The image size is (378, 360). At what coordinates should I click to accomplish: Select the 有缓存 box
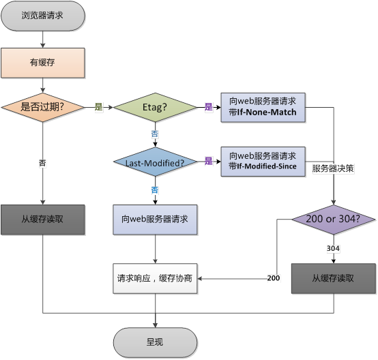click(43, 63)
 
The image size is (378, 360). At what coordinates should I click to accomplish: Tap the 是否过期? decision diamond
click(43, 107)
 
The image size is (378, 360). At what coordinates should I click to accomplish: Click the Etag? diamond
click(155, 108)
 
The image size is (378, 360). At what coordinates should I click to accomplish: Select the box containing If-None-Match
click(263, 107)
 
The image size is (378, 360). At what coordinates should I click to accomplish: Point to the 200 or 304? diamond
click(334, 220)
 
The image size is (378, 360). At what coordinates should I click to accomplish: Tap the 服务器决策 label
click(332, 168)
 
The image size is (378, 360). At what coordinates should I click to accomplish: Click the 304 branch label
click(334, 249)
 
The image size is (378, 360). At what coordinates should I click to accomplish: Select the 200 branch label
click(274, 278)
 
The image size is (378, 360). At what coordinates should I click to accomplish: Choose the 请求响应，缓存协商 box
click(155, 278)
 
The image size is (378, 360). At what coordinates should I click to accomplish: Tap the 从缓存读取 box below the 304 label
click(334, 278)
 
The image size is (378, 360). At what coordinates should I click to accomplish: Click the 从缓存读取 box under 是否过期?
click(43, 220)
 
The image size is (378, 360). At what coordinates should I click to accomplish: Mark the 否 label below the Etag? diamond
click(155, 134)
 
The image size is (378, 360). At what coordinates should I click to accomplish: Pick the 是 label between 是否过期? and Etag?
click(98, 107)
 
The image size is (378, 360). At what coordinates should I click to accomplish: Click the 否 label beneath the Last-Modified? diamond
click(155, 189)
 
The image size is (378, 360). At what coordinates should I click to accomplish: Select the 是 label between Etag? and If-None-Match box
click(209, 107)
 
